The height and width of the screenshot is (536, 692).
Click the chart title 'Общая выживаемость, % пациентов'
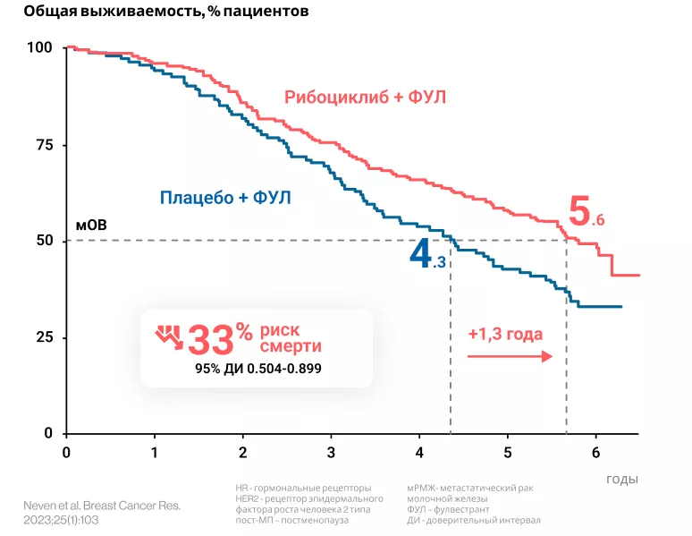coord(154,12)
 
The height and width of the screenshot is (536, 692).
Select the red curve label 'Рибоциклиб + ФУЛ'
coord(365,97)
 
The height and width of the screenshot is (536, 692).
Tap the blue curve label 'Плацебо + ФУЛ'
coord(225,197)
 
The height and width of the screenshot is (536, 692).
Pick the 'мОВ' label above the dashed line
coord(91,225)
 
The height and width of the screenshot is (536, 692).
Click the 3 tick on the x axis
coord(331,451)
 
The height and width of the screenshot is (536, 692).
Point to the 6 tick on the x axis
coord(595,451)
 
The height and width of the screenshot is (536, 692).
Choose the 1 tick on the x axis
coord(155,451)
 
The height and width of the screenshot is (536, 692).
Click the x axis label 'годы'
coord(622,479)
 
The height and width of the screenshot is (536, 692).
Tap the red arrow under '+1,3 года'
coord(509,356)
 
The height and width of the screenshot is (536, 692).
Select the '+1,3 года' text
coord(505,334)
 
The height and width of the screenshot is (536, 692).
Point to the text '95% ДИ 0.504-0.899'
coord(258,368)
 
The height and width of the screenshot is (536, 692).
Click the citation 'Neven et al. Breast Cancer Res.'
coord(102,506)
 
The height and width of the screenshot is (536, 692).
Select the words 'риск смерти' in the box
coord(291,338)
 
